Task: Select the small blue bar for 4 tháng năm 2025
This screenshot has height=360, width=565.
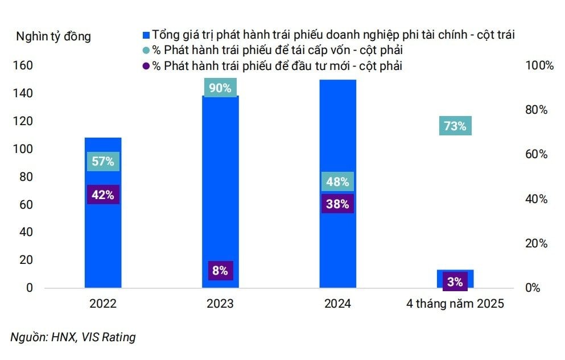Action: pyautogui.click(x=455, y=273)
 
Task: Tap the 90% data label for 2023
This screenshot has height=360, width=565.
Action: pyautogui.click(x=220, y=88)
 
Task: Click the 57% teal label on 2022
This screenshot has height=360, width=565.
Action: pyautogui.click(x=103, y=161)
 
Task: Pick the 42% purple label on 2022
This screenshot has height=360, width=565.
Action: pyautogui.click(x=103, y=195)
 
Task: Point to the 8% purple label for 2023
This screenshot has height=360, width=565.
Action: pyautogui.click(x=220, y=271)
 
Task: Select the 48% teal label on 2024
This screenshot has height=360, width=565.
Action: pyautogui.click(x=337, y=182)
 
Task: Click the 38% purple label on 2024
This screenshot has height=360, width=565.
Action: pyautogui.click(x=337, y=204)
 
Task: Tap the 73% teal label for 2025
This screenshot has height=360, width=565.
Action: pyautogui.click(x=455, y=126)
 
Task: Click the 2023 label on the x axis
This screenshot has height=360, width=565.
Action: pyautogui.click(x=220, y=304)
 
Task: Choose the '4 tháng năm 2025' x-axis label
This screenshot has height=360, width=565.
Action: pyautogui.click(x=455, y=304)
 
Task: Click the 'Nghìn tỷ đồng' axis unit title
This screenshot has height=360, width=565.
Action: pyautogui.click(x=53, y=37)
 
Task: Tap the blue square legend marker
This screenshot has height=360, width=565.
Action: pyautogui.click(x=146, y=35)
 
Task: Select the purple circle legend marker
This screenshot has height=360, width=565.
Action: pyautogui.click(x=147, y=67)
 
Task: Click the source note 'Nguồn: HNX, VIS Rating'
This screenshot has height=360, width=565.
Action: pyautogui.click(x=73, y=337)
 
